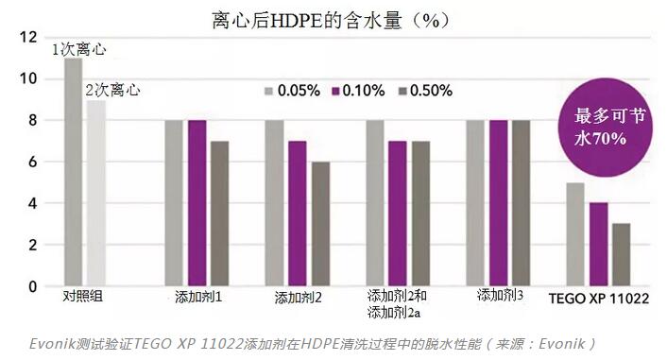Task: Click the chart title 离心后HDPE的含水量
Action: click(x=318, y=18)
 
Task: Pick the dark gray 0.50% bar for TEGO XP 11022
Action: click(x=621, y=254)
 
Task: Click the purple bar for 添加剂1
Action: click(x=197, y=202)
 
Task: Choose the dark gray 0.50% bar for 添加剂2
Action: click(x=321, y=223)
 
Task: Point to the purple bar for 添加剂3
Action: click(x=498, y=202)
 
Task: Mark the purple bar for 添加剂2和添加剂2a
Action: click(x=398, y=213)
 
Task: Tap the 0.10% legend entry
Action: click(x=356, y=92)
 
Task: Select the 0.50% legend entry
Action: click(x=423, y=92)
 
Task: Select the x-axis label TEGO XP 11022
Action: click(x=598, y=297)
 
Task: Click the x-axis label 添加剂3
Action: click(x=501, y=296)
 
